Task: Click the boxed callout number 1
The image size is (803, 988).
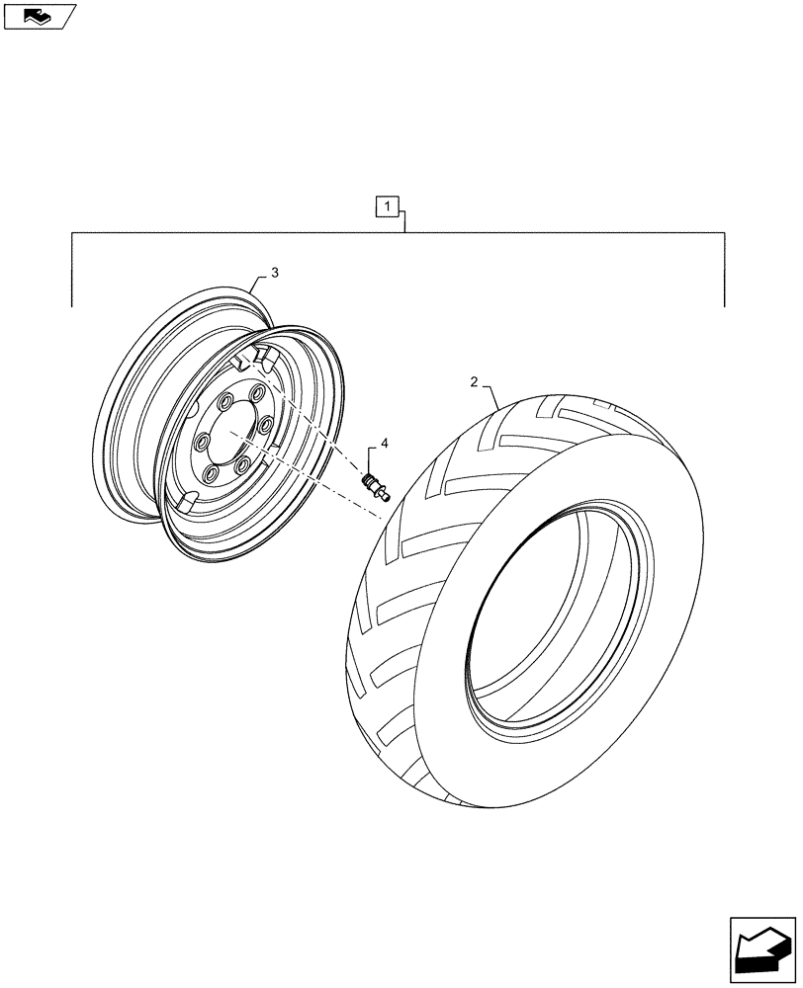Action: point(388,207)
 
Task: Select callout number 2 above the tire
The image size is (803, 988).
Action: point(475,381)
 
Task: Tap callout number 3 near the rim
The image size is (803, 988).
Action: point(275,272)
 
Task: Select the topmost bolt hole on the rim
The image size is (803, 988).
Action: point(257,393)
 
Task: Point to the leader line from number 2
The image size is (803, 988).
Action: point(491,396)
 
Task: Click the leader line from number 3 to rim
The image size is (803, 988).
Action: point(259,283)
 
